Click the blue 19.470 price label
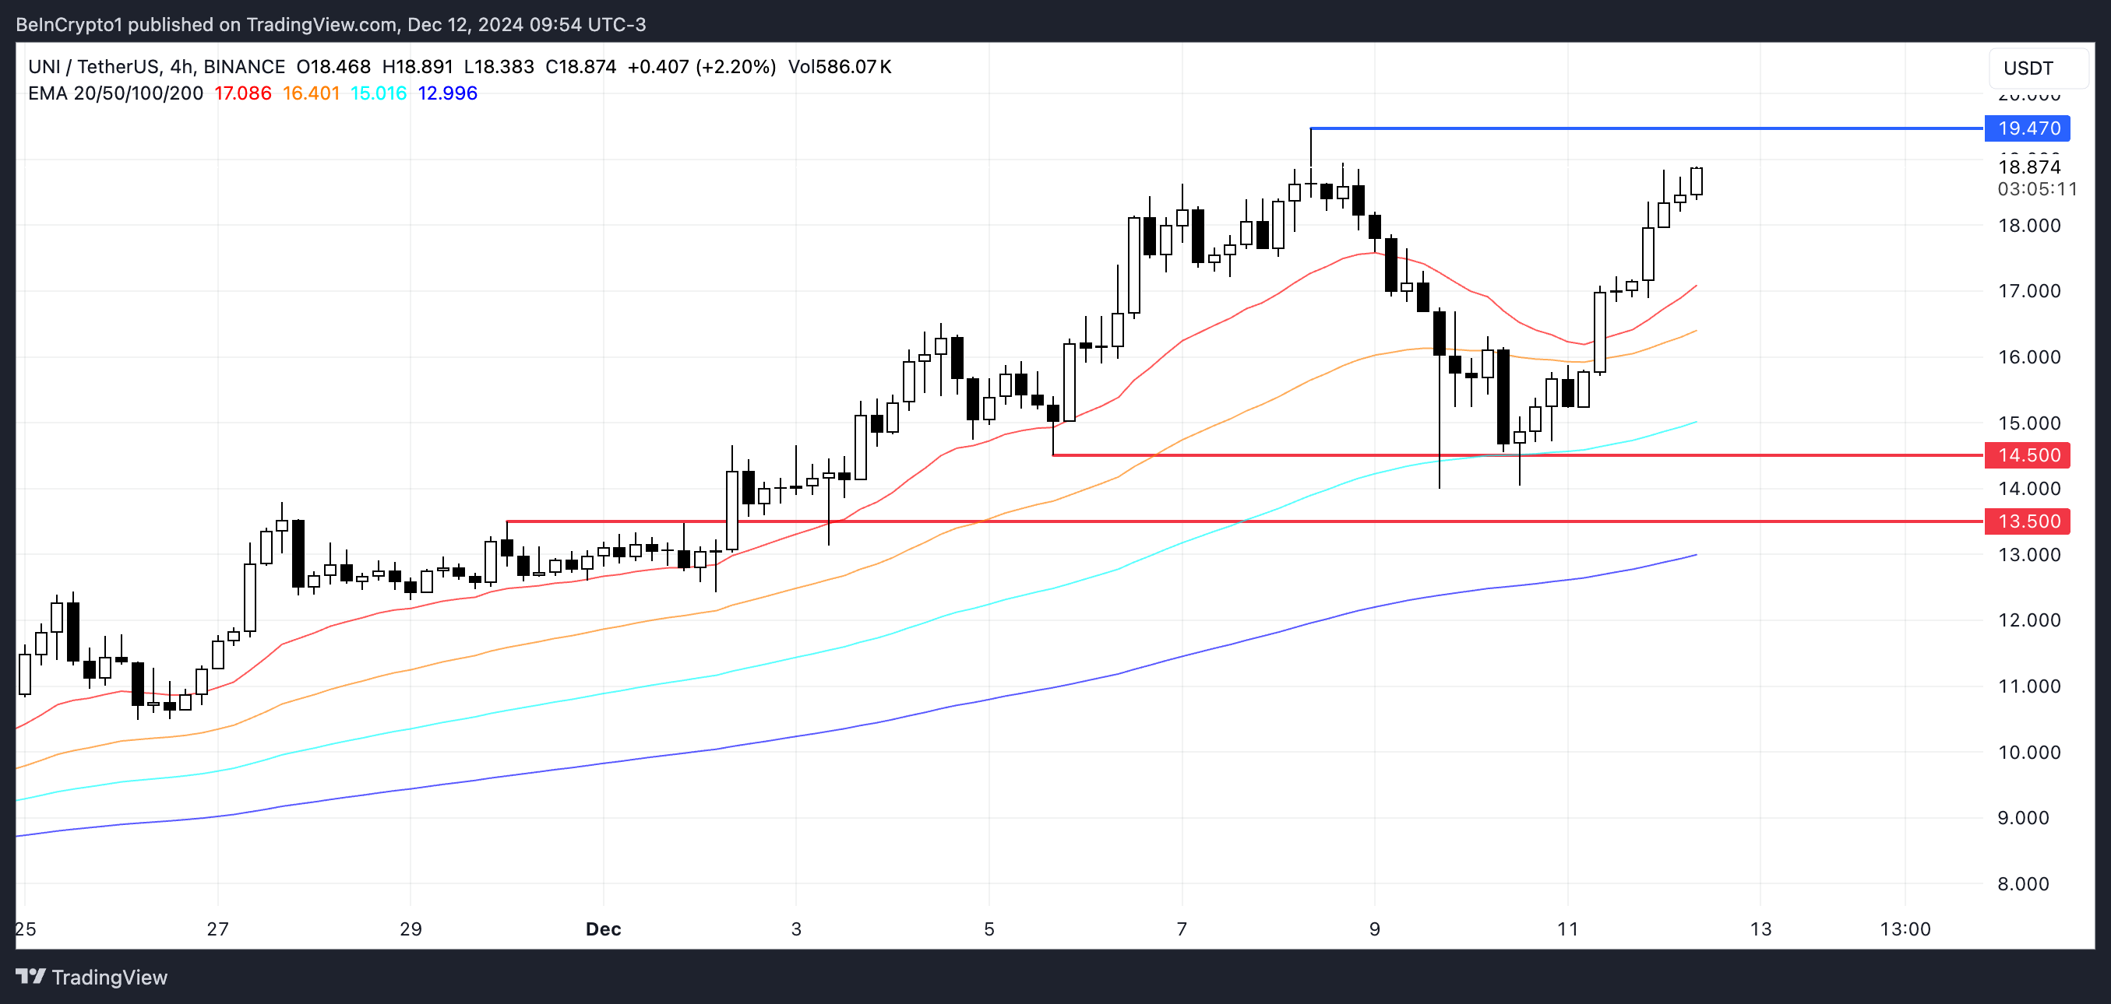click(x=2028, y=128)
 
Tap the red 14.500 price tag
click(x=2028, y=455)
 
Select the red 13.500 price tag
click(x=2028, y=521)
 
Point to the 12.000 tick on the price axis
click(x=2029, y=620)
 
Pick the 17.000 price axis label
click(x=2029, y=291)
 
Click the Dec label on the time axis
click(x=603, y=929)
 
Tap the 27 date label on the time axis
click(x=217, y=929)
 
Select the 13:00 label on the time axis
click(x=1905, y=929)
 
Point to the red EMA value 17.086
click(x=242, y=93)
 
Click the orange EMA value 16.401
click(x=311, y=93)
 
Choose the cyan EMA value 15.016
click(x=379, y=93)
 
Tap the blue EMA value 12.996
click(x=447, y=93)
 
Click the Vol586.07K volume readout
click(x=839, y=67)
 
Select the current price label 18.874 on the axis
click(x=2029, y=167)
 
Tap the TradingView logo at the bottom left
click(x=92, y=977)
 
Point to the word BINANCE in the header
click(x=245, y=67)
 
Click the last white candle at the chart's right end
click(x=1696, y=181)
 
